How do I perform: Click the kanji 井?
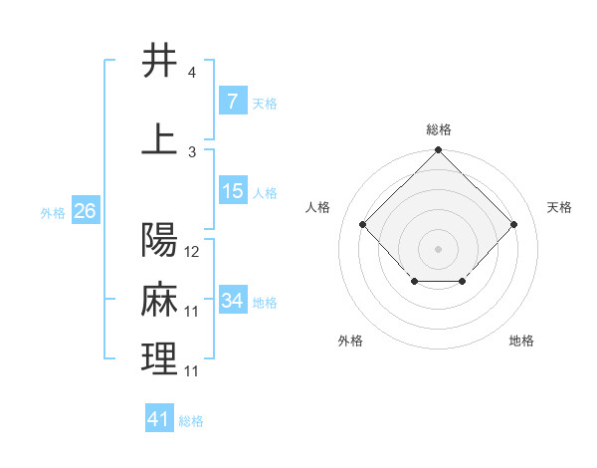(x=159, y=62)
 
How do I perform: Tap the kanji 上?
(x=159, y=138)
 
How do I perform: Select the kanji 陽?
(x=159, y=240)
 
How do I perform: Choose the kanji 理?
(x=159, y=358)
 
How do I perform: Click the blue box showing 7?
(x=232, y=102)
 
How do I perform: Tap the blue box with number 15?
(x=233, y=191)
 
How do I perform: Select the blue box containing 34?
(x=233, y=301)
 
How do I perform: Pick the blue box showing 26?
(x=85, y=211)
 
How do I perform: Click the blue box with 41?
(x=159, y=419)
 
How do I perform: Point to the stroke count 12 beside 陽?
(x=192, y=252)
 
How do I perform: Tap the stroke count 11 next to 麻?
(x=192, y=312)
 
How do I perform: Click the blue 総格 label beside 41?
(x=191, y=421)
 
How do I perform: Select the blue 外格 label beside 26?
(x=53, y=212)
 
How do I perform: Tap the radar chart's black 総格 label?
(x=438, y=129)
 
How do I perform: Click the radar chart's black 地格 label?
(x=521, y=341)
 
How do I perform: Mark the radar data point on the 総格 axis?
(x=438, y=150)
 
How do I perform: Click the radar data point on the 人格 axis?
(x=362, y=225)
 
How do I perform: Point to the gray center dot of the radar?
(x=438, y=248)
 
